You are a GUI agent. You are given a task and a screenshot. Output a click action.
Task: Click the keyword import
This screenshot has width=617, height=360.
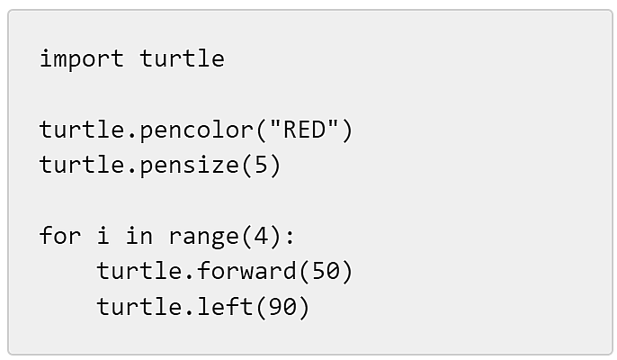point(82,59)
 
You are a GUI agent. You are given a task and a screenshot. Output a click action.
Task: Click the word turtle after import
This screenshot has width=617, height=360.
point(183,58)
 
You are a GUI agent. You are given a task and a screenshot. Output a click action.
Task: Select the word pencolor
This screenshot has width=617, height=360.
point(197,130)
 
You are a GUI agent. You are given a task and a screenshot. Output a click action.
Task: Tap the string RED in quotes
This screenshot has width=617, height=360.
point(305,129)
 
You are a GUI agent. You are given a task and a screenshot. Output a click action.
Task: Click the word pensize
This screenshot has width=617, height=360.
point(190,165)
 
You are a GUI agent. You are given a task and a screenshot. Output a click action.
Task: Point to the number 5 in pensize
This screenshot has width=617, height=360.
point(261,165)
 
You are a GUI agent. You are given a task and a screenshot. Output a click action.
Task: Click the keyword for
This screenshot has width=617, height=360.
point(60,235)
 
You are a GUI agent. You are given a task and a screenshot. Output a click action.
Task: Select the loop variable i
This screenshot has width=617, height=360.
point(103,235)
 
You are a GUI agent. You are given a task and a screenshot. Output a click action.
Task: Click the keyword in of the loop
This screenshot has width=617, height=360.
point(139,235)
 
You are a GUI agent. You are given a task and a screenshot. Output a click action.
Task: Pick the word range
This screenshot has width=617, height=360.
point(204,237)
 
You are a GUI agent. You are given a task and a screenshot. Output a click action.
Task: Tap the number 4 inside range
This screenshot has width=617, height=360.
point(261,236)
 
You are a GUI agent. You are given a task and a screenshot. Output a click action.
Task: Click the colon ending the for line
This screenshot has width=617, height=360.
point(290,237)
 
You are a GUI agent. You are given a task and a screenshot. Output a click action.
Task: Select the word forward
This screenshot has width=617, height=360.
point(246,271)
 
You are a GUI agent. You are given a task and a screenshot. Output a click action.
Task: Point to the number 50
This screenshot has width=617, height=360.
point(326,271)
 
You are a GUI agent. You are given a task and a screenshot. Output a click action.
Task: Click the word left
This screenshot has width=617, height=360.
point(225,306)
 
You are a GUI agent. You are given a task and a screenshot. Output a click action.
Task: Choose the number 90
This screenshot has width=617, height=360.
point(282,306)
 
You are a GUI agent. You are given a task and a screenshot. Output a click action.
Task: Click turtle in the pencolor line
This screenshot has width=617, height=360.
point(82,130)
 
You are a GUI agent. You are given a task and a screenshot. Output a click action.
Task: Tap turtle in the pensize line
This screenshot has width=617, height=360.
point(82,165)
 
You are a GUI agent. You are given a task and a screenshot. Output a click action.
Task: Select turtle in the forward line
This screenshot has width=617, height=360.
point(139,271)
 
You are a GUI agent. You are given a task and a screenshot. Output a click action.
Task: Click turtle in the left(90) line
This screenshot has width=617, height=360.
point(139,306)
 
